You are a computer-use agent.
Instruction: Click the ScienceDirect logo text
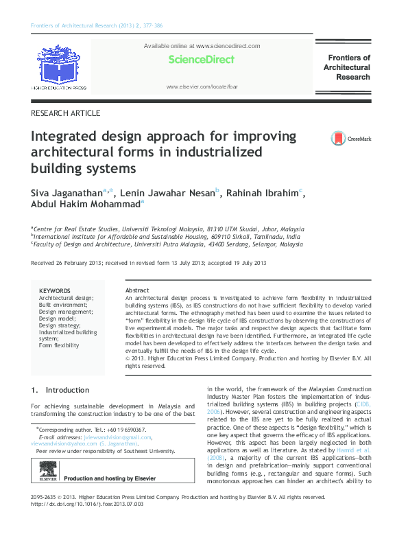tap(202, 60)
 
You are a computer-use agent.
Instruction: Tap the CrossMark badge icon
tap(339, 139)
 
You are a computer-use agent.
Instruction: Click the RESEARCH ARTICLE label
tap(66, 113)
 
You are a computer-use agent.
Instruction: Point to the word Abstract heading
tap(138, 291)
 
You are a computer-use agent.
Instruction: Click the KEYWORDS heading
tap(55, 291)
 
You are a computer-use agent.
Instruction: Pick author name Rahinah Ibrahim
tap(261, 193)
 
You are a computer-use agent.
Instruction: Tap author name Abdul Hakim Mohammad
tap(85, 204)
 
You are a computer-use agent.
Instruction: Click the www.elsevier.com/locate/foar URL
tap(202, 87)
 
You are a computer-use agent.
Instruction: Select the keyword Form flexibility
tap(59, 345)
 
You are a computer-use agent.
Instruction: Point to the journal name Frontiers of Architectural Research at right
tap(346, 67)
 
